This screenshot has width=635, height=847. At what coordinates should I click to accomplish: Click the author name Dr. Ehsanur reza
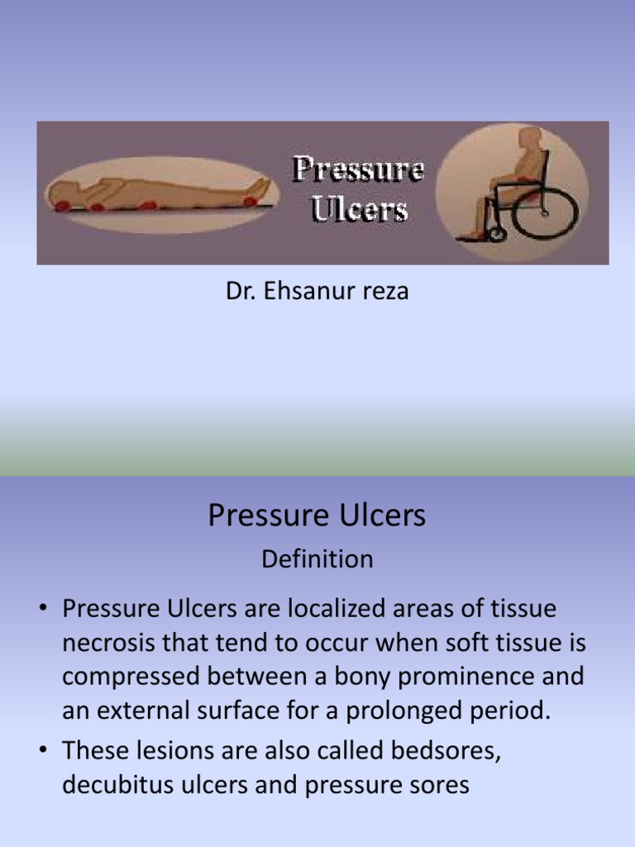317,292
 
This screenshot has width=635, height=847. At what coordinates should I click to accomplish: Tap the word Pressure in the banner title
359,170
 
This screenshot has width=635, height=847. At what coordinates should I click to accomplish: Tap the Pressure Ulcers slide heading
317,515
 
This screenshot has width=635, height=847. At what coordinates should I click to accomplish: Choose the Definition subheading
317,559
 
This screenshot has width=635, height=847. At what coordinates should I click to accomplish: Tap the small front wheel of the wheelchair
496,235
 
